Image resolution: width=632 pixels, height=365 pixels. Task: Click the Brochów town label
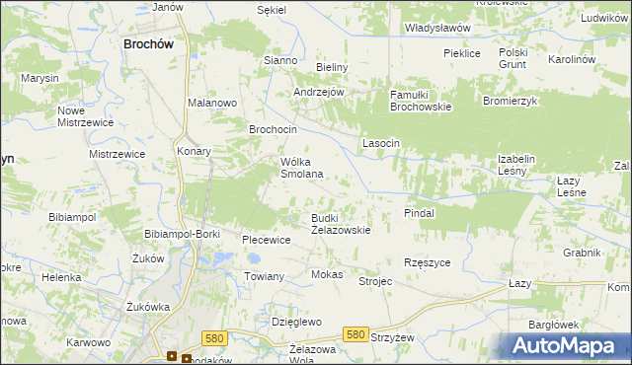(149, 43)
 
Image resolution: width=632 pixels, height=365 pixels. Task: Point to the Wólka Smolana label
(302, 168)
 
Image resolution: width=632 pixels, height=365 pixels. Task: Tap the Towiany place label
(265, 277)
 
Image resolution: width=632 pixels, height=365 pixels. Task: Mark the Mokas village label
(327, 274)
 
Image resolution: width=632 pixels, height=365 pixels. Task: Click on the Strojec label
(375, 281)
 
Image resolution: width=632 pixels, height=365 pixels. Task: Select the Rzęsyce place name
(428, 262)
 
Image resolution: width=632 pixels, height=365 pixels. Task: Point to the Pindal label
(420, 212)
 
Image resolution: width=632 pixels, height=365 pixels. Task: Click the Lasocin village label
(381, 143)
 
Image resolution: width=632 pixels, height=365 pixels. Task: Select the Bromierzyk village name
(509, 101)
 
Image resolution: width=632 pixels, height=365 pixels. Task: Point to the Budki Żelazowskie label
(341, 223)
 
